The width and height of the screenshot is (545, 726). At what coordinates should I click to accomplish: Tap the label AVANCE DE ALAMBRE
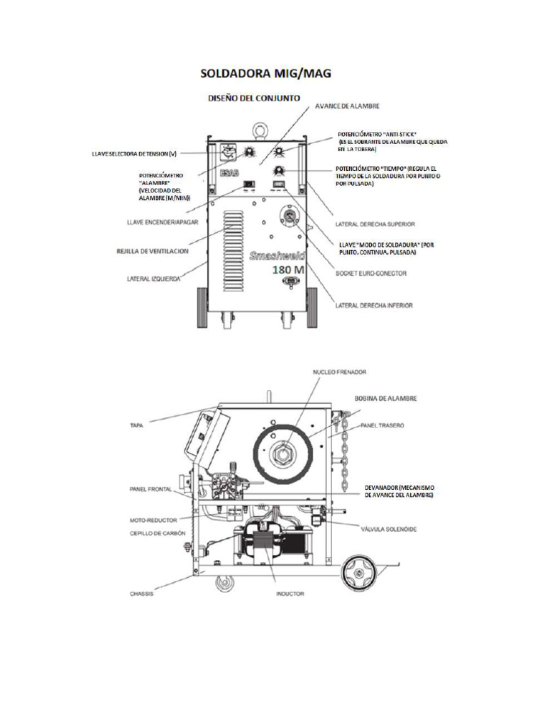point(346,106)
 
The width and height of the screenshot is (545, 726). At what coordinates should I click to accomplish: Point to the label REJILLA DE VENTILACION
point(153,250)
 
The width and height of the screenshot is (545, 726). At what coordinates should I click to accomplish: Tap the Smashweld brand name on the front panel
point(276,255)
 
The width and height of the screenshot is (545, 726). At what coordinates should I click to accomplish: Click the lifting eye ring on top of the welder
point(260,129)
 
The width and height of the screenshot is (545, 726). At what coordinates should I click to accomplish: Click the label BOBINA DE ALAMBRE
point(385,399)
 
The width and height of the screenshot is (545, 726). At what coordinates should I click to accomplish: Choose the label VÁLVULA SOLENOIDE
point(389,530)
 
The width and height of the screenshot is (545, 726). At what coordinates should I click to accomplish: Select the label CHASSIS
point(143,594)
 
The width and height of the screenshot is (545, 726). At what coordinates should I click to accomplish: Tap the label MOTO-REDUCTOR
point(153,519)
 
